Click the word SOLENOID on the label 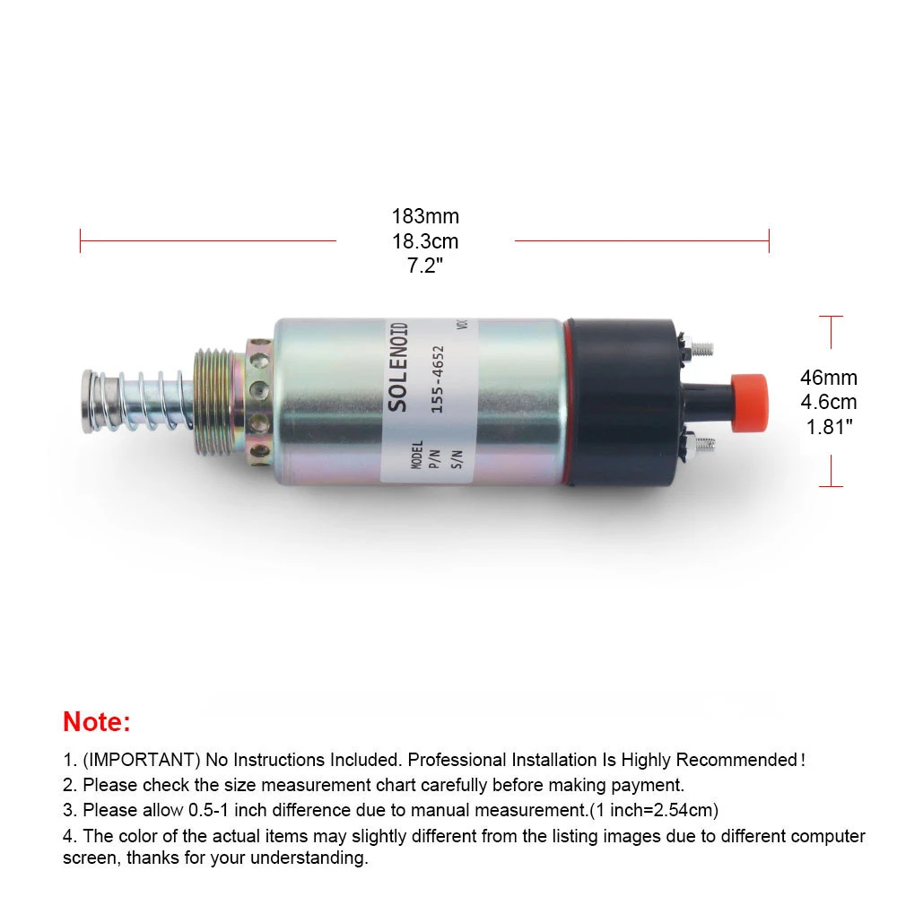point(399,367)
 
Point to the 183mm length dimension point(424,217)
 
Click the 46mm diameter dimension point(828,379)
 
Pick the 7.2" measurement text point(424,266)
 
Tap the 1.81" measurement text point(828,427)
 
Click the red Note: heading point(97,721)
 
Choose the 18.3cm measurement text point(424,241)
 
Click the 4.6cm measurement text point(828,403)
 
